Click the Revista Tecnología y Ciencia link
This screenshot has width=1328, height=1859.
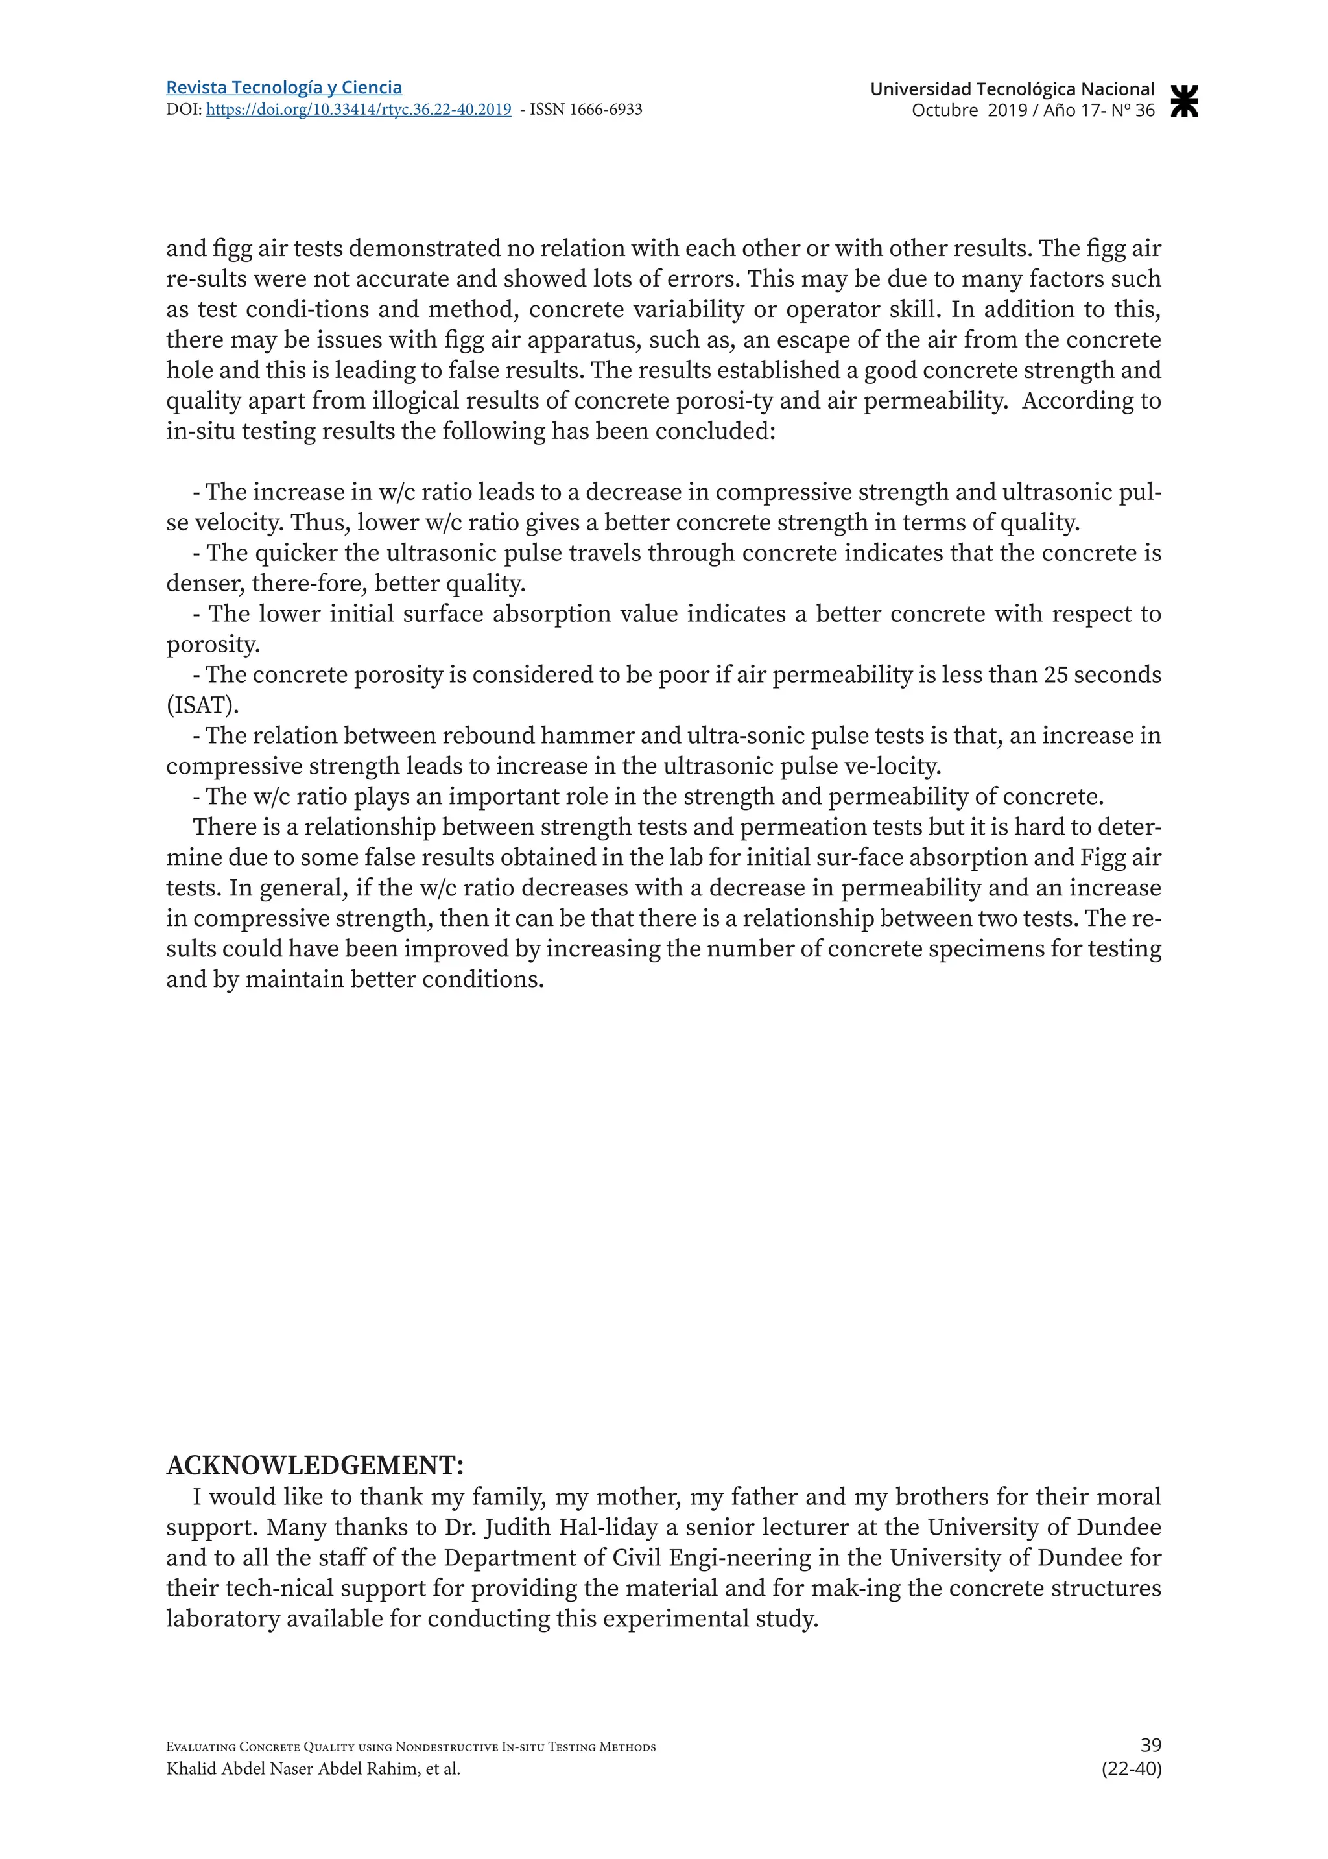[284, 88]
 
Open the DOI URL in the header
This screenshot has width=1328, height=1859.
[358, 110]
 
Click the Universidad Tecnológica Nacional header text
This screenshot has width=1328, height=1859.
[1012, 89]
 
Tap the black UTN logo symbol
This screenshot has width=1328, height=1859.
[1184, 101]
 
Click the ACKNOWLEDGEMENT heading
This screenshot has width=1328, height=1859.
[315, 1465]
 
